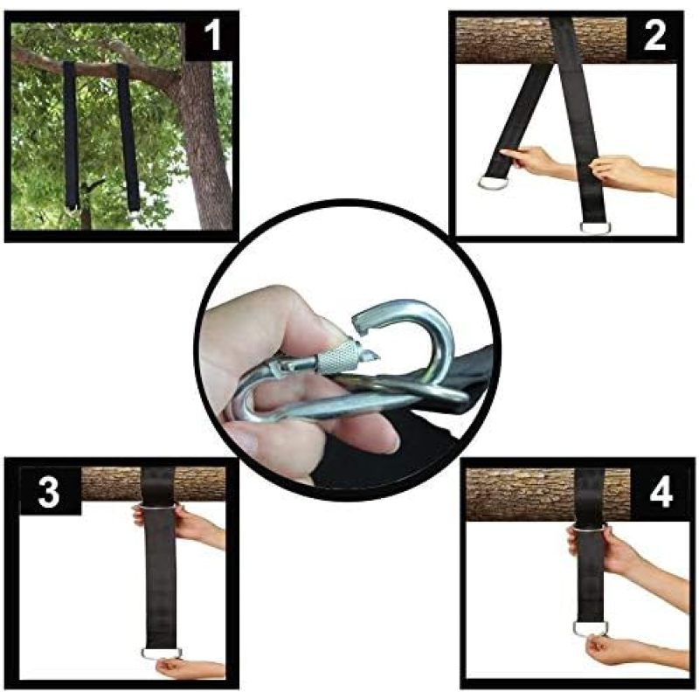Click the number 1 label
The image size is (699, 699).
212,36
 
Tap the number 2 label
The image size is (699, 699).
654,36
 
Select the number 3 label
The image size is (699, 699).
48,491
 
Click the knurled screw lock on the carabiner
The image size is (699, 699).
338,357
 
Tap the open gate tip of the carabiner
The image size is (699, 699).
360,322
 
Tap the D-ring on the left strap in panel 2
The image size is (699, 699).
493,183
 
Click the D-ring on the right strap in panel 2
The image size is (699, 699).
596,227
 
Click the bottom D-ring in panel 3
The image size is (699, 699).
162,653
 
